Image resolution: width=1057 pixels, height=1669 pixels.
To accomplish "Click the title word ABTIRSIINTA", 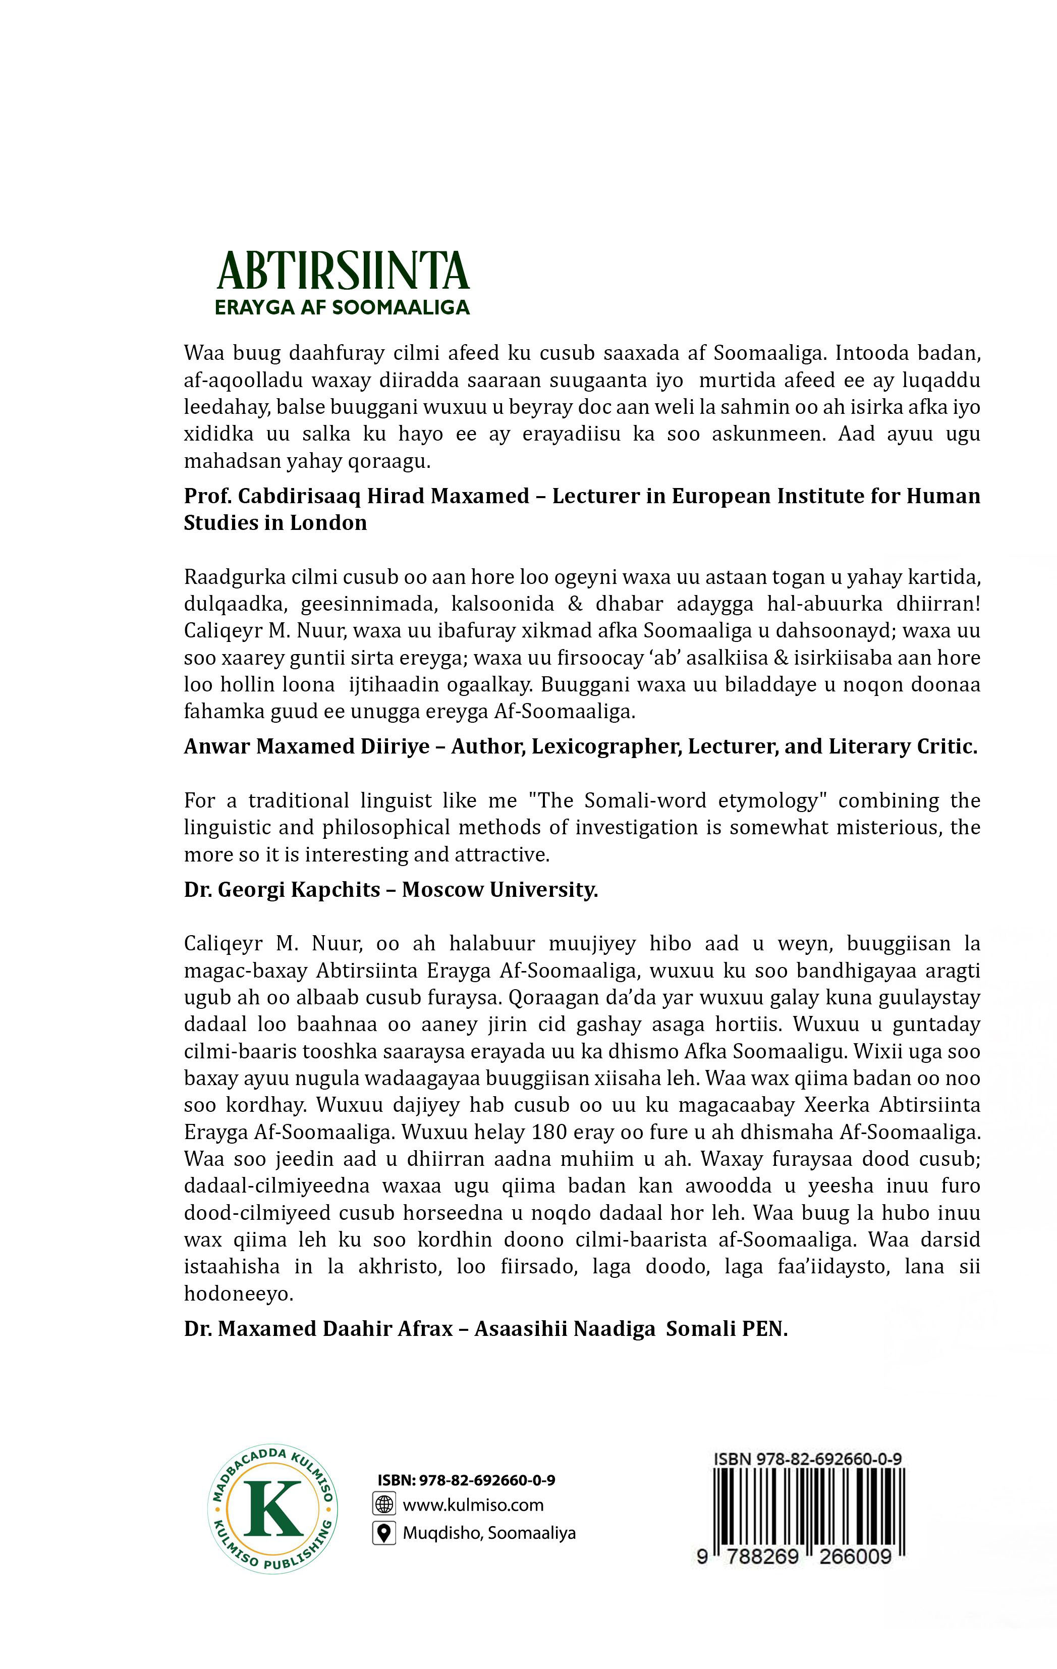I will coord(343,271).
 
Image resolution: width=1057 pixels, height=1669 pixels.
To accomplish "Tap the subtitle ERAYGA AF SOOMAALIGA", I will coord(343,307).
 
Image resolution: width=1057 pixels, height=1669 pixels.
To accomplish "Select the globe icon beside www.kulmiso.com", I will coord(384,1505).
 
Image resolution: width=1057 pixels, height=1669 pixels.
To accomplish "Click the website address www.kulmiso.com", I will coord(473,1505).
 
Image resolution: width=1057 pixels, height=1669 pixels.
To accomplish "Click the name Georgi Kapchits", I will coord(299,889).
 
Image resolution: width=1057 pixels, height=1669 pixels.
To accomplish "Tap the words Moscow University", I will coord(499,889).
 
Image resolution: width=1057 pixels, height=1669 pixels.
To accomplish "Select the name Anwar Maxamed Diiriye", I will coord(306,746).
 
